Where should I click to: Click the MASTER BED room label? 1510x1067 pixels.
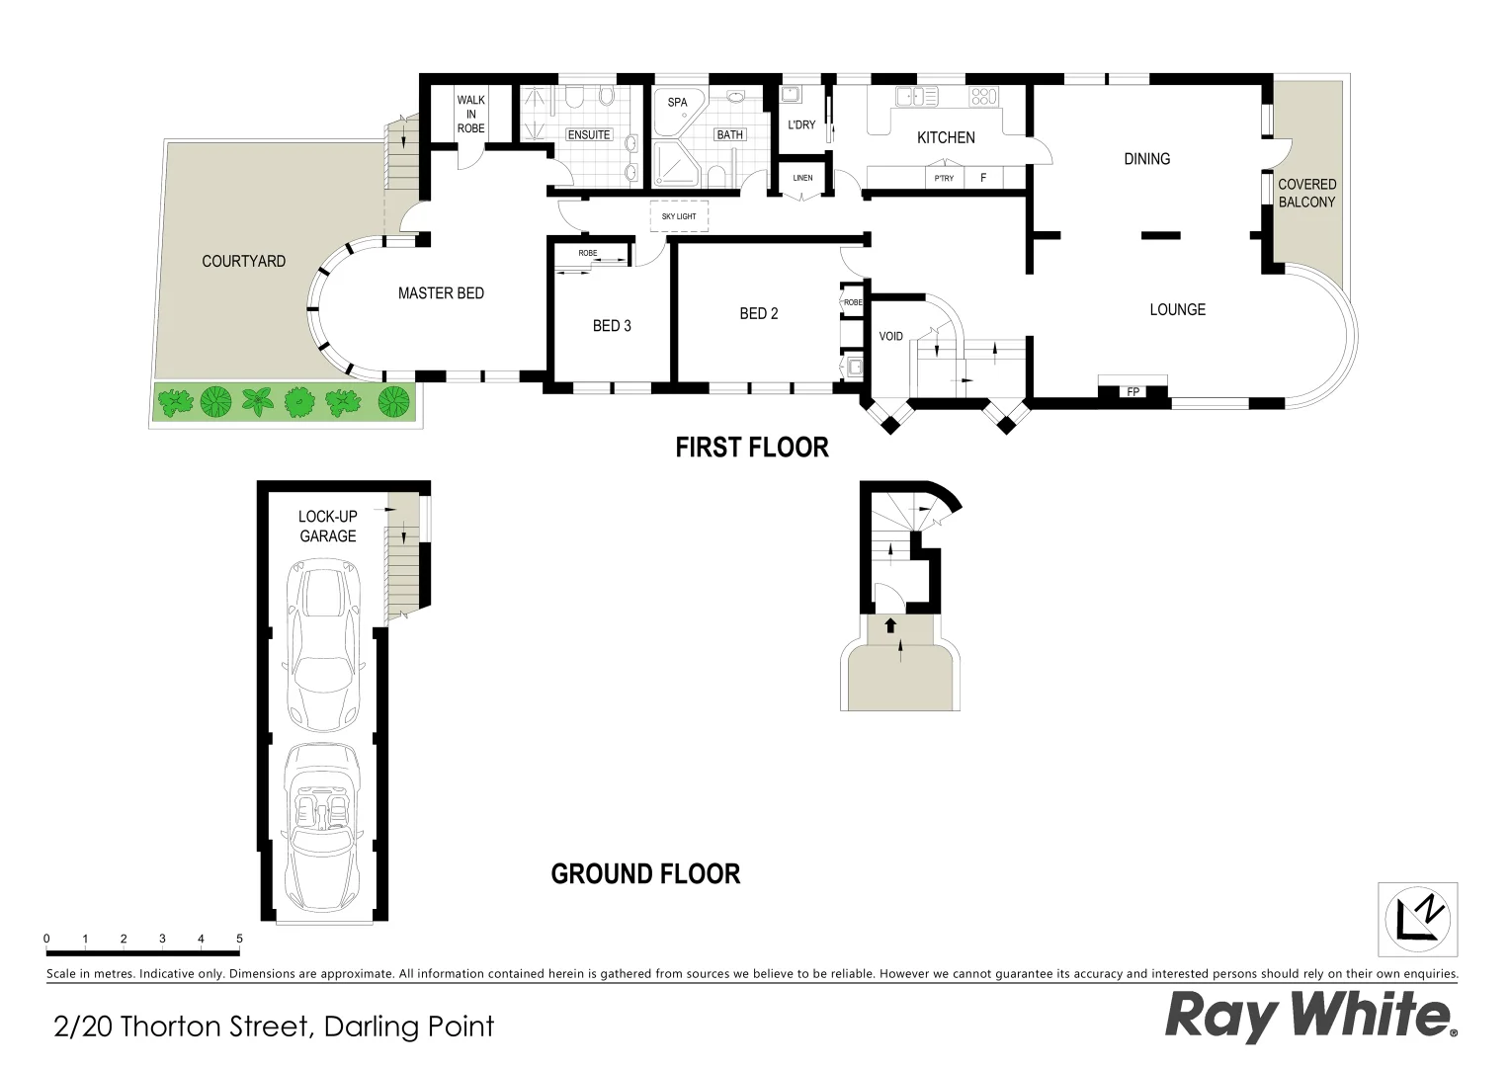click(x=441, y=293)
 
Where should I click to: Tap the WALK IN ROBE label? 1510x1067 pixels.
click(x=470, y=115)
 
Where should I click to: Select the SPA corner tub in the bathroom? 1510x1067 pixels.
click(x=677, y=109)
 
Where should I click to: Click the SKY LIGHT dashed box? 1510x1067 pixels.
click(x=679, y=216)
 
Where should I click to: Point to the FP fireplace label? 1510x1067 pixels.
click(x=1132, y=392)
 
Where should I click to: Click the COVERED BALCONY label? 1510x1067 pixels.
click(x=1306, y=193)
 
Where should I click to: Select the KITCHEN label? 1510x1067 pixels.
click(x=946, y=138)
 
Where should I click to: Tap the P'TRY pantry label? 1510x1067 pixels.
click(x=944, y=178)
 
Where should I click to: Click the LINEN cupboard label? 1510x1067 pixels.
click(x=802, y=178)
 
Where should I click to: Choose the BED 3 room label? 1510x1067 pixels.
click(x=612, y=326)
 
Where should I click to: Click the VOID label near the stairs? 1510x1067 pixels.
click(x=890, y=337)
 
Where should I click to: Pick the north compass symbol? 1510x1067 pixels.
click(x=1417, y=917)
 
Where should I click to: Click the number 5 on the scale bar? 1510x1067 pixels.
click(x=239, y=939)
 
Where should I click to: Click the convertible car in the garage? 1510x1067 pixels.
click(x=321, y=828)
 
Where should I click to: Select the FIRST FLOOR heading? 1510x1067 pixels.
click(x=751, y=448)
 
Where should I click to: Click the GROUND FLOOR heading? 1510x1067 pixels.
click(x=645, y=874)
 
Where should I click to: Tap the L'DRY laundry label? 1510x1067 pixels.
click(x=801, y=125)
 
